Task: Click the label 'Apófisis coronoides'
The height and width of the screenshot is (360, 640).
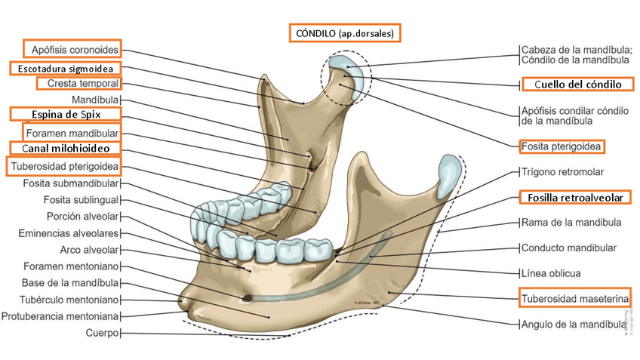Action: pyautogui.click(x=75, y=49)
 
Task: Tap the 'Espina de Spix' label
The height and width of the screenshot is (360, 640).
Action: pyautogui.click(x=66, y=114)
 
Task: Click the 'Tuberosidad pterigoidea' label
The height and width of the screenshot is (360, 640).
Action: pyautogui.click(x=65, y=166)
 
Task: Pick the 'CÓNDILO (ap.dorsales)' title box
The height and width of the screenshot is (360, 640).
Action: pyautogui.click(x=344, y=33)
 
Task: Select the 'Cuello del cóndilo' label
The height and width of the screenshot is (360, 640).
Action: pyautogui.click(x=577, y=84)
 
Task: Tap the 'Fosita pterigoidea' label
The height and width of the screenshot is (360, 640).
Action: pyautogui.click(x=563, y=146)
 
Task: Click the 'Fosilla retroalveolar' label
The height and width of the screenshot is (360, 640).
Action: pyautogui.click(x=575, y=198)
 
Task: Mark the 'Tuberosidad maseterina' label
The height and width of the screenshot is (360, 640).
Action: pyautogui.click(x=574, y=299)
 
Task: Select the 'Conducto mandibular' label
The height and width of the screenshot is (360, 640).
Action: pyautogui.click(x=569, y=248)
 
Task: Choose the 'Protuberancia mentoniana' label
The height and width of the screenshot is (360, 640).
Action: pyautogui.click(x=61, y=315)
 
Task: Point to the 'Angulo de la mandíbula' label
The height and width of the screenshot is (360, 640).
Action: pyautogui.click(x=573, y=325)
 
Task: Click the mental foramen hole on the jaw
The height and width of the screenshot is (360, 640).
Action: pyautogui.click(x=245, y=295)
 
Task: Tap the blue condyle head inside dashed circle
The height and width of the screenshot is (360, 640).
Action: pyautogui.click(x=348, y=63)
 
